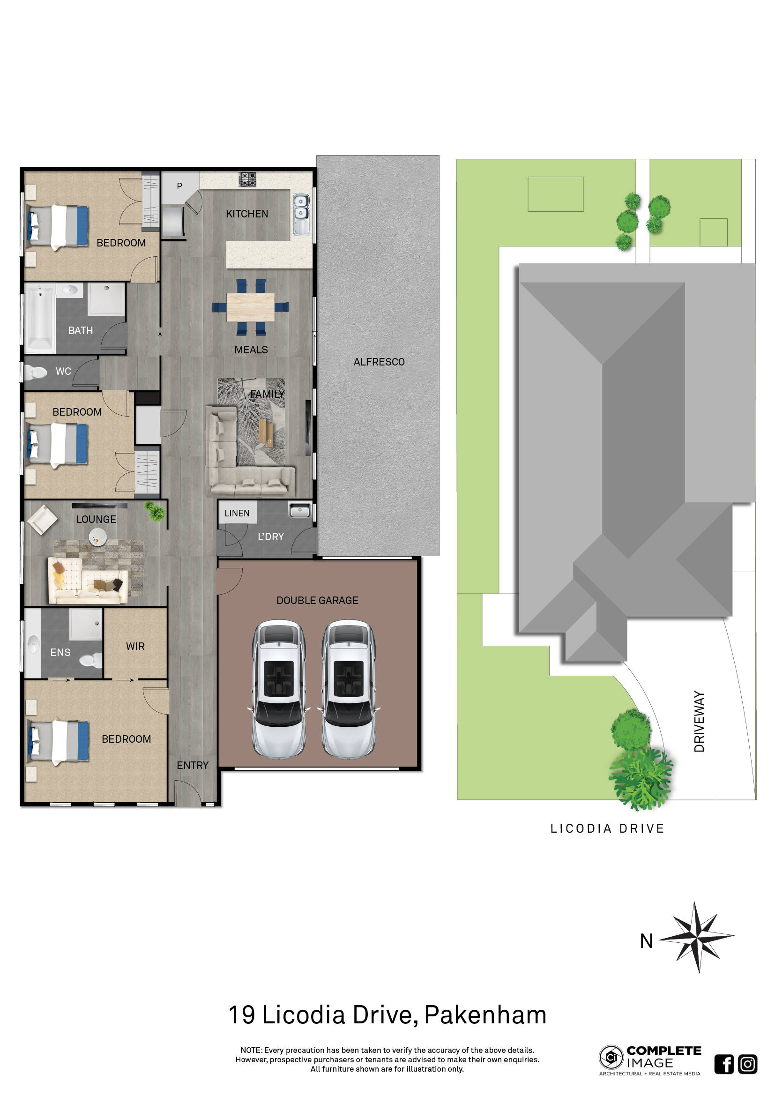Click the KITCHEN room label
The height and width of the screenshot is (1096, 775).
click(x=247, y=214)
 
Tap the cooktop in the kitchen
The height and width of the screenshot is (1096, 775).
click(x=247, y=179)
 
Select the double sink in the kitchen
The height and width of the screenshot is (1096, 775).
click(x=301, y=214)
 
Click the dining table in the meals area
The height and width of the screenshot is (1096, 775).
click(x=250, y=307)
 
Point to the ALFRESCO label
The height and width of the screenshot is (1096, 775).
click(x=379, y=362)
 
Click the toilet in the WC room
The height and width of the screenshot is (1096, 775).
click(x=36, y=372)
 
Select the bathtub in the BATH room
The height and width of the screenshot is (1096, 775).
click(x=40, y=317)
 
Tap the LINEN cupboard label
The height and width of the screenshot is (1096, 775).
click(x=237, y=513)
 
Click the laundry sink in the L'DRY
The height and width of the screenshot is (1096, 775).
click(x=300, y=511)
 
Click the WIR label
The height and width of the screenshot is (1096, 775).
click(x=135, y=646)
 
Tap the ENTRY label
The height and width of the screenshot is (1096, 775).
click(x=193, y=765)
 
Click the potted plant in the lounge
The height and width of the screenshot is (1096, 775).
click(x=155, y=511)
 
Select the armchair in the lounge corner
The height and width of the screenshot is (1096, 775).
click(x=43, y=519)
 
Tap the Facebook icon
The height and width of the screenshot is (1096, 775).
click(x=723, y=1064)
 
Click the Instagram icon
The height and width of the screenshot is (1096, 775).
click(x=747, y=1064)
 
